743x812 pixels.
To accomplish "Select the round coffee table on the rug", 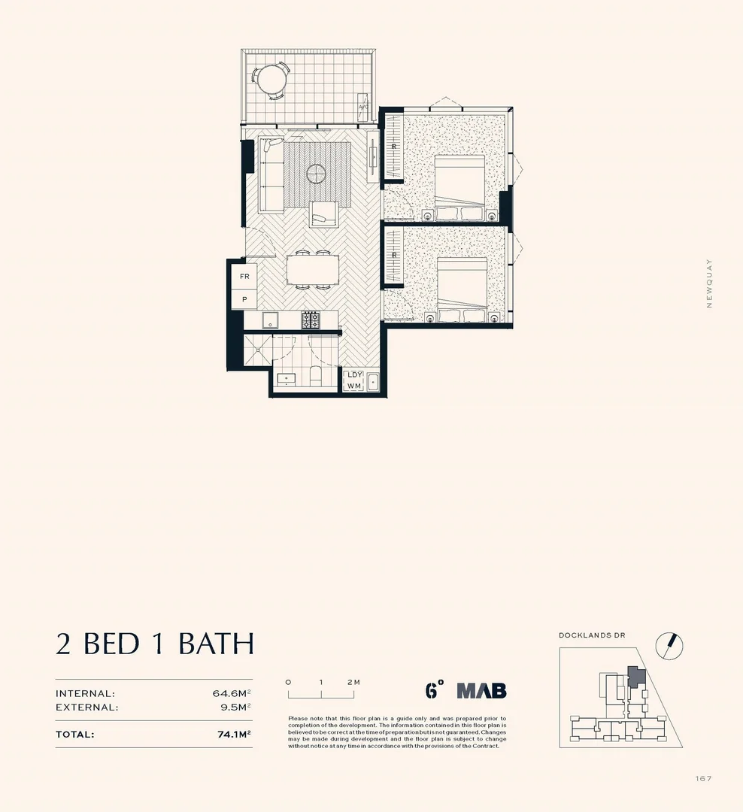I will tap(317, 174).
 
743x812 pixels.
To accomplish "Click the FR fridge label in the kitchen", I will tap(244, 277).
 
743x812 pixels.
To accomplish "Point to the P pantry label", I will tap(244, 299).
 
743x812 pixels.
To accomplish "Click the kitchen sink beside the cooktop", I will tap(271, 321).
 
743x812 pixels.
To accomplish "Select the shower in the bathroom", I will tap(257, 350).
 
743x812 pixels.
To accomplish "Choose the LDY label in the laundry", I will tap(353, 374).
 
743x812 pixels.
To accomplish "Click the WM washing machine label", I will tap(353, 386).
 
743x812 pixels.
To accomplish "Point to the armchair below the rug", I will tap(323, 214).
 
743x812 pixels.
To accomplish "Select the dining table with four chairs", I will tap(312, 269).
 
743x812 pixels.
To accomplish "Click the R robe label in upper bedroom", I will tap(394, 146).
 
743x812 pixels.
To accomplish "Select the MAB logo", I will tap(481, 690).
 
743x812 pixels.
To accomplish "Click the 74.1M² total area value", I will tap(233, 735).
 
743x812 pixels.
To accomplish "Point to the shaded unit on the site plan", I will tap(636, 676).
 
